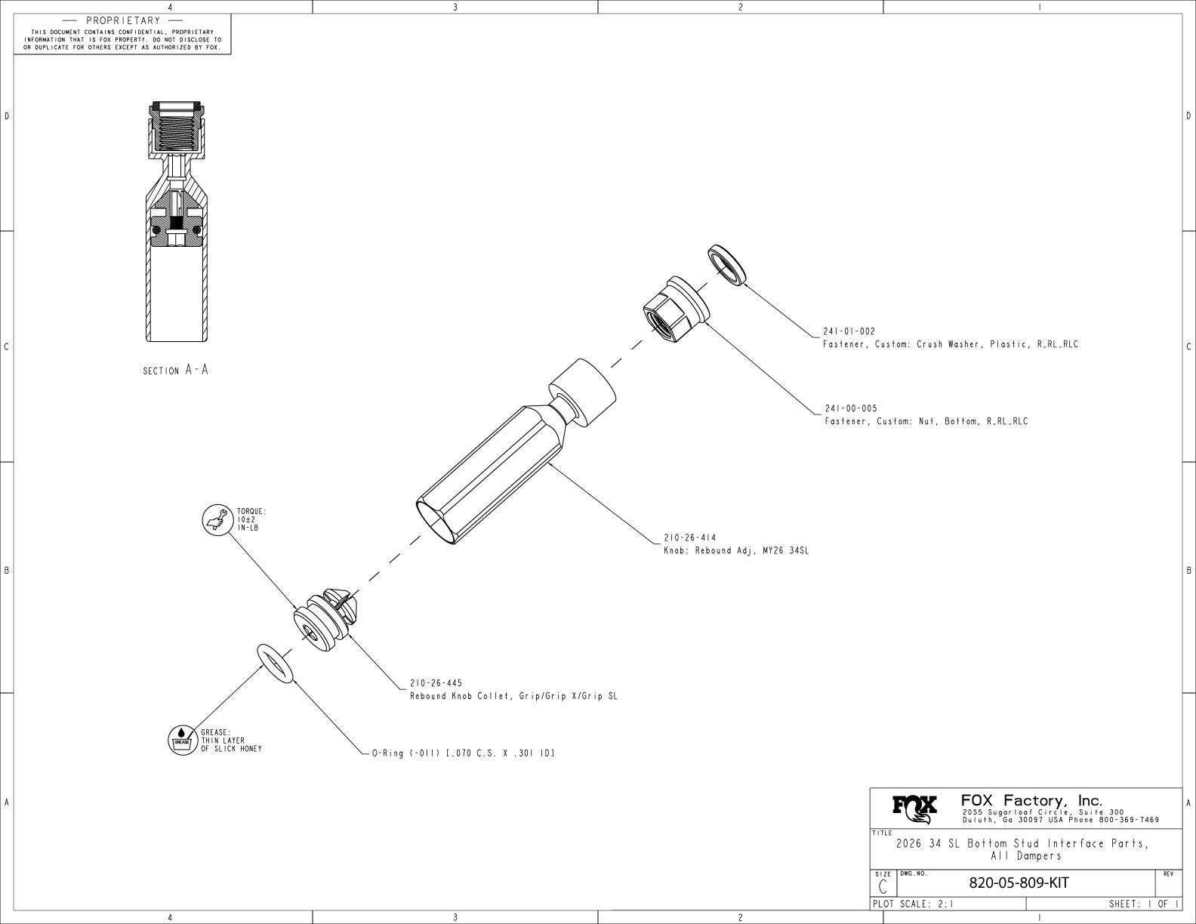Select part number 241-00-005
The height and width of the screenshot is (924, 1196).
(x=850, y=408)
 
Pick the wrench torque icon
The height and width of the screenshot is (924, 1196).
(x=217, y=519)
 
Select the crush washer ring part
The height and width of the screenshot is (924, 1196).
(x=727, y=265)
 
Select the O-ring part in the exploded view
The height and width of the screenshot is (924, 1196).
(x=275, y=663)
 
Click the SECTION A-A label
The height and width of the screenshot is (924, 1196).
(x=175, y=371)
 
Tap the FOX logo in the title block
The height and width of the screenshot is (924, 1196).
(x=914, y=808)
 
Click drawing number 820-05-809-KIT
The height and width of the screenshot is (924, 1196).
(x=1019, y=883)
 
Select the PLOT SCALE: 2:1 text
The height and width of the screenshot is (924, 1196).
(x=912, y=904)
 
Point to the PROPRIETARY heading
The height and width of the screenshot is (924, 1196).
(x=123, y=20)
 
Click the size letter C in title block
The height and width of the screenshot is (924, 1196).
(x=883, y=886)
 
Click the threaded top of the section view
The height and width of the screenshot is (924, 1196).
(x=175, y=125)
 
